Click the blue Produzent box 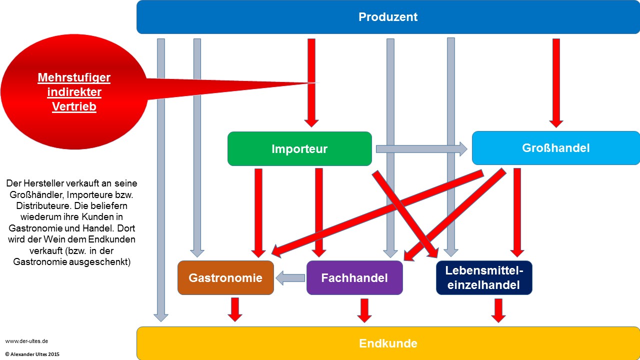(x=388, y=17)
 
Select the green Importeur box (x=299, y=148)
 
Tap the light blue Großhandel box (x=555, y=148)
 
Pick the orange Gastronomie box (x=225, y=278)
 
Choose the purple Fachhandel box (x=354, y=278)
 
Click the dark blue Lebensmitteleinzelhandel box (x=484, y=278)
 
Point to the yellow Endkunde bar (x=388, y=343)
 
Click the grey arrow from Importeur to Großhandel (x=421, y=148)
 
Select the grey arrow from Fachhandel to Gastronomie (x=290, y=278)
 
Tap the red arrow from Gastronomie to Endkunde (x=234, y=309)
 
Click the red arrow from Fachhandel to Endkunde (x=364, y=310)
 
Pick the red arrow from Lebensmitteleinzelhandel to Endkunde (x=498, y=310)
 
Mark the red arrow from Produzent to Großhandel (x=556, y=82)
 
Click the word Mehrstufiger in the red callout (x=74, y=78)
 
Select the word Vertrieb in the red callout (x=74, y=106)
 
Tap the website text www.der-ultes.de (x=26, y=341)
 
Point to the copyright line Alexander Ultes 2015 (x=32, y=354)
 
